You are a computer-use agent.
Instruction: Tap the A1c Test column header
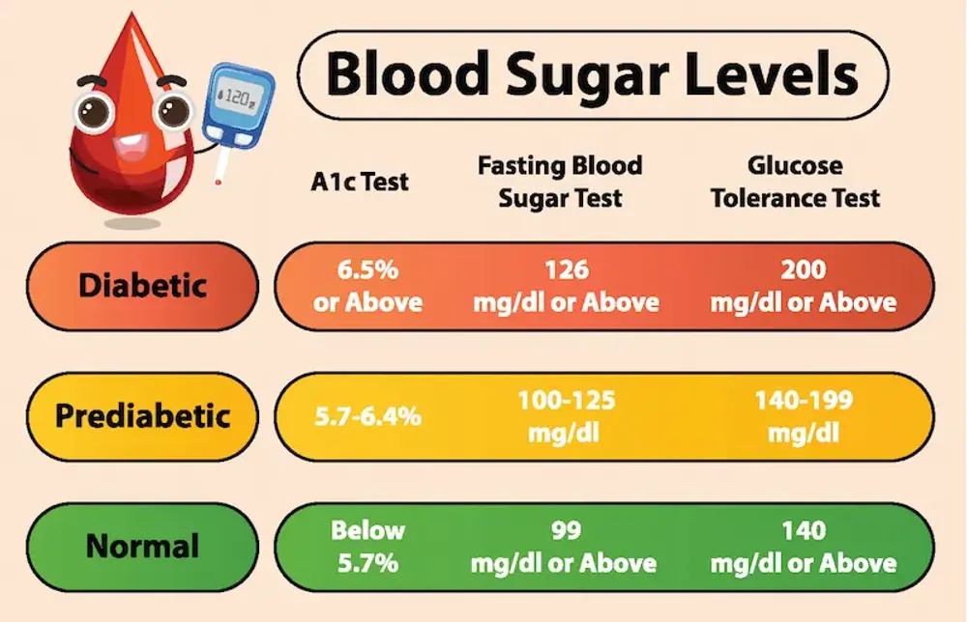pyautogui.click(x=360, y=181)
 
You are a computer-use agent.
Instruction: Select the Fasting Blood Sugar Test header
pyautogui.click(x=560, y=181)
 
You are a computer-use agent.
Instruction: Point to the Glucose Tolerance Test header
pyautogui.click(x=795, y=181)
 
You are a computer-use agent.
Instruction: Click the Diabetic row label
pyautogui.click(x=142, y=285)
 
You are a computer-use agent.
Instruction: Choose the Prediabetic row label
pyautogui.click(x=142, y=416)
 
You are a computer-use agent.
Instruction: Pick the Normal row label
pyautogui.click(x=142, y=546)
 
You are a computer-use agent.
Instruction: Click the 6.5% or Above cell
pyautogui.click(x=367, y=285)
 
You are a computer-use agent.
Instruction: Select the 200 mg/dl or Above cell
pyautogui.click(x=803, y=285)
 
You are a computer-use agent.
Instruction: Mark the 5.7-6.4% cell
pyautogui.click(x=366, y=417)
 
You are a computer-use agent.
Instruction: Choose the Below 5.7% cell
pyautogui.click(x=366, y=546)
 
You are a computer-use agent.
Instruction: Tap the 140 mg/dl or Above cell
pyautogui.click(x=803, y=546)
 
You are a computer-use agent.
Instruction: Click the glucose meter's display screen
pyautogui.click(x=238, y=97)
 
